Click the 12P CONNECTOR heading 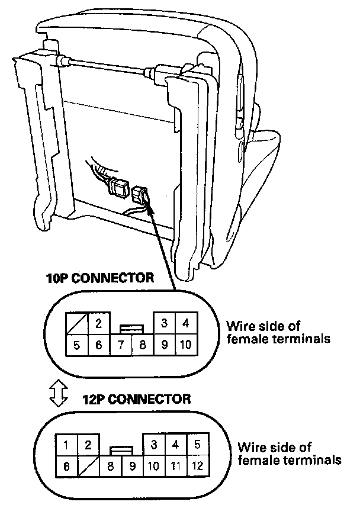tap(137, 398)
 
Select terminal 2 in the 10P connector tap(98, 323)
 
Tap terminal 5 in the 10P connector tap(76, 345)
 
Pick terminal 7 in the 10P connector tap(120, 345)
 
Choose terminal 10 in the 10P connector tap(185, 345)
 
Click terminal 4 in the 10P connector tap(185, 323)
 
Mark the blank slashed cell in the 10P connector tap(76, 323)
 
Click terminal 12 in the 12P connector tap(197, 466)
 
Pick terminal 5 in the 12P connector tap(197, 444)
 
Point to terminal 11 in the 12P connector tap(175, 466)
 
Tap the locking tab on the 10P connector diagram tap(131, 327)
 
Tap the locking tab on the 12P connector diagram tap(121, 450)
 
